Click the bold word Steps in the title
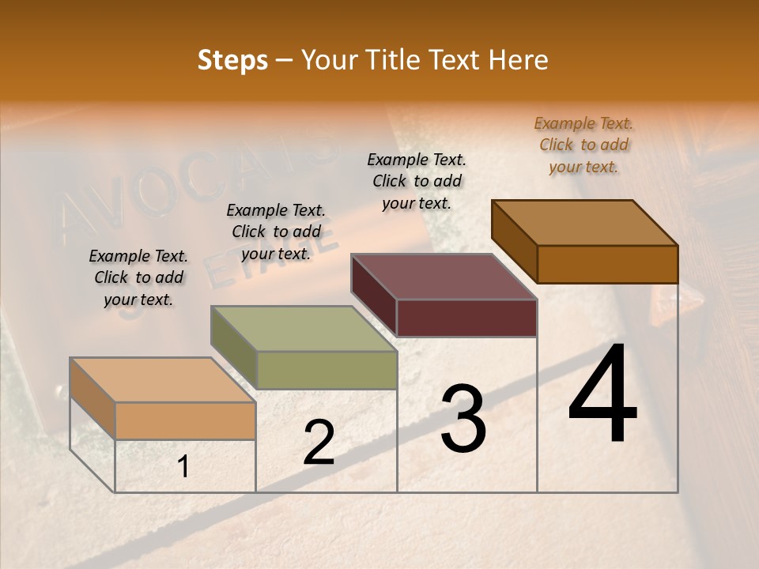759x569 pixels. pyautogui.click(x=232, y=60)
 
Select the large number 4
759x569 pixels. pyautogui.click(x=602, y=395)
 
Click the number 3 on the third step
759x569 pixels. pyautogui.click(x=463, y=419)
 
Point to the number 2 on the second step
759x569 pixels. pyautogui.click(x=319, y=443)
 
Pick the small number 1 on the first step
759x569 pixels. pyautogui.click(x=183, y=467)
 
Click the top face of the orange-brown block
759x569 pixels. pyautogui.click(x=585, y=222)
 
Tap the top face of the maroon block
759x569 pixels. pyautogui.click(x=444, y=277)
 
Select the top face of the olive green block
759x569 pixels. pyautogui.click(x=304, y=329)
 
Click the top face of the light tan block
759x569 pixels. pyautogui.click(x=163, y=380)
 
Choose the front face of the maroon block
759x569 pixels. pyautogui.click(x=466, y=318)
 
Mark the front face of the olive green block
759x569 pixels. pyautogui.click(x=327, y=370)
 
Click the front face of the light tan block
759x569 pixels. pyautogui.click(x=185, y=420)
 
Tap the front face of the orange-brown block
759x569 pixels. pyautogui.click(x=607, y=264)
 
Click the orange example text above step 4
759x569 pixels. pyautogui.click(x=583, y=145)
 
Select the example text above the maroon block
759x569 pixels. pyautogui.click(x=417, y=181)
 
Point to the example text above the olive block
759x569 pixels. pyautogui.click(x=276, y=232)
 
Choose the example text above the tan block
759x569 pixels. pyautogui.click(x=138, y=277)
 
